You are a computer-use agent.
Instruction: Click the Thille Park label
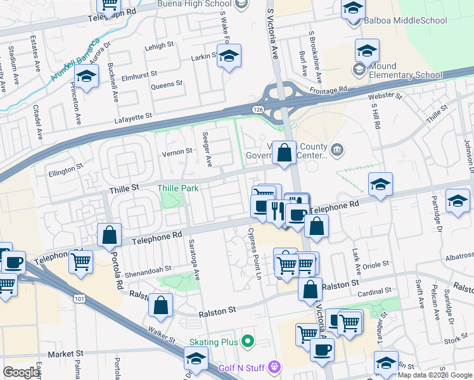(x=178, y=188)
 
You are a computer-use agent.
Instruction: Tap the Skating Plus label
(x=213, y=342)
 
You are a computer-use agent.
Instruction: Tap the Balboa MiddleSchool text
(x=406, y=20)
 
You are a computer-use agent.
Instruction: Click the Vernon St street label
(x=177, y=152)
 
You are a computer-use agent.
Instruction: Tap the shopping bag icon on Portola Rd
(x=110, y=235)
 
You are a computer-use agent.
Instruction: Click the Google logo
(x=22, y=372)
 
